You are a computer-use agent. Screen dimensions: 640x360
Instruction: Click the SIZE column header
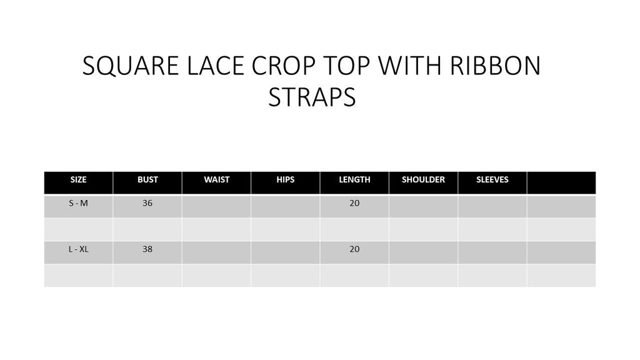click(x=78, y=179)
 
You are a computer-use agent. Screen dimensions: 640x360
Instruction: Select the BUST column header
click(x=147, y=179)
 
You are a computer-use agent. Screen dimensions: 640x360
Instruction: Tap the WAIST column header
click(x=217, y=179)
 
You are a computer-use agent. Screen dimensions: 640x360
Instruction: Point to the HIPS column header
click(x=285, y=179)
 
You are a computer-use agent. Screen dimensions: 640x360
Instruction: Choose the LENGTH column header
click(x=355, y=179)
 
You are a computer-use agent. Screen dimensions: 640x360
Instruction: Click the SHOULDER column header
click(x=423, y=179)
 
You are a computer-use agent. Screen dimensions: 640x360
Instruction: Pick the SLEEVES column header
click(x=492, y=179)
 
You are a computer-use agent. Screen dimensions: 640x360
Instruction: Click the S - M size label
click(x=78, y=203)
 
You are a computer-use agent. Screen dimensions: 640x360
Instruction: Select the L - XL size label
click(x=78, y=249)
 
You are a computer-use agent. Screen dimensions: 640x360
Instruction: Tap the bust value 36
click(x=147, y=203)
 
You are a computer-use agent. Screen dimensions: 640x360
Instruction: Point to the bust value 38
click(x=147, y=249)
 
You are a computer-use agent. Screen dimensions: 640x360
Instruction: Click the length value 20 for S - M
click(x=354, y=203)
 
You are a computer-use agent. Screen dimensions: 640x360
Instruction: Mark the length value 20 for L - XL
click(x=354, y=249)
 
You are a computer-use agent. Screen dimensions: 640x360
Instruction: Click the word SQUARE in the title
click(x=131, y=66)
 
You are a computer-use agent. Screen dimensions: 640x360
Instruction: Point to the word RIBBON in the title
click(x=495, y=66)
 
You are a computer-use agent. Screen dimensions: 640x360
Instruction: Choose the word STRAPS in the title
click(x=312, y=97)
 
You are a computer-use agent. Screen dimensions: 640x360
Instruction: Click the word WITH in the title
click(x=409, y=66)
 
